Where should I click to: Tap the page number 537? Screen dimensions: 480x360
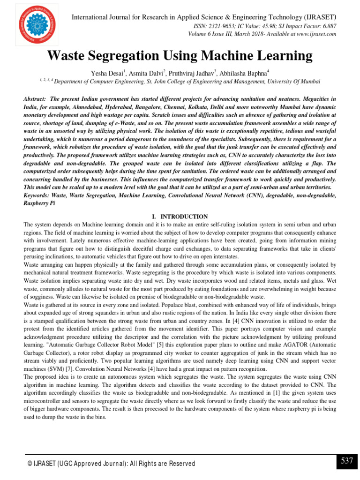pos(347,461)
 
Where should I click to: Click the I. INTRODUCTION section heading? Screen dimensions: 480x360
pos(180,217)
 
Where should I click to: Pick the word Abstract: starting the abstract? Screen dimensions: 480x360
pos(35,99)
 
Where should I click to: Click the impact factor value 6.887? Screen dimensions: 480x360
pos(327,27)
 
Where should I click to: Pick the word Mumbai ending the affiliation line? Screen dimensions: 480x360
pos(309,82)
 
